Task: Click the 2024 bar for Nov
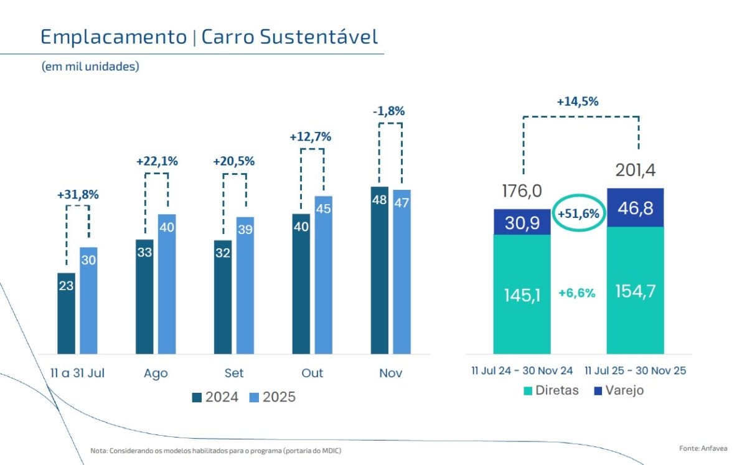(x=380, y=270)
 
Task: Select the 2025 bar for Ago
(x=167, y=284)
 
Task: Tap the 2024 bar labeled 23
(x=66, y=314)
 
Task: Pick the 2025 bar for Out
(x=324, y=275)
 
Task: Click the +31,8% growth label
(x=78, y=194)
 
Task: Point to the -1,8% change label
(x=389, y=111)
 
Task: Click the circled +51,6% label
(x=578, y=214)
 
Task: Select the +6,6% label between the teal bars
(x=577, y=293)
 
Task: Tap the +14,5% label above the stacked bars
(x=578, y=101)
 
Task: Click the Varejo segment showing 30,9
(x=522, y=222)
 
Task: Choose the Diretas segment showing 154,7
(x=636, y=290)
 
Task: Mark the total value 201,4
(x=636, y=170)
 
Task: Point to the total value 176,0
(x=522, y=191)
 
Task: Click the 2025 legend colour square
(x=254, y=397)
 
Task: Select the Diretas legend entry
(x=552, y=390)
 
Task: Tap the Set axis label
(x=234, y=373)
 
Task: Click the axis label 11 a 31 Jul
(x=77, y=373)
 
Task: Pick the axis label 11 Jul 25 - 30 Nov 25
(x=636, y=370)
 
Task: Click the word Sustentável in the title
(x=319, y=36)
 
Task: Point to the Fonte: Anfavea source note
(x=703, y=448)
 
